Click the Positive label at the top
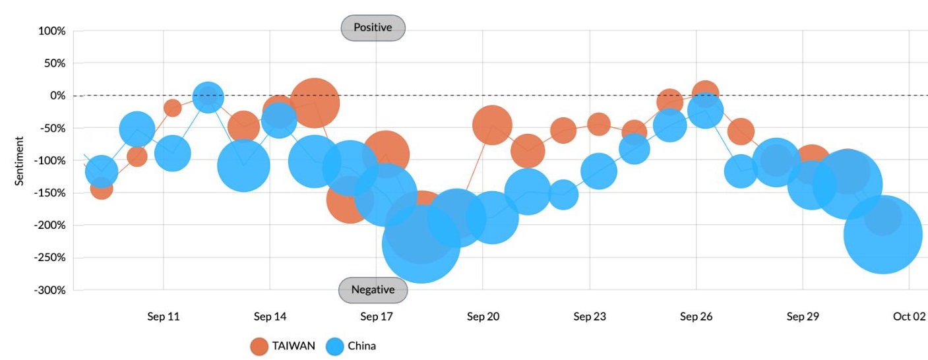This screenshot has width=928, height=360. [x=373, y=28]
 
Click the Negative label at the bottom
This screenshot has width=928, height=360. [x=373, y=289]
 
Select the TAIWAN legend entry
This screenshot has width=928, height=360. [x=283, y=345]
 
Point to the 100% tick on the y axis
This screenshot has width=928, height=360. [x=52, y=31]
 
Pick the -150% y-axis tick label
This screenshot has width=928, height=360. [x=50, y=193]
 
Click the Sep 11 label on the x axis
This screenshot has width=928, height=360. [x=163, y=316]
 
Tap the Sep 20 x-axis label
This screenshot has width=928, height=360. [x=483, y=316]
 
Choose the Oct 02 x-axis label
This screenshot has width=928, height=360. [x=910, y=316]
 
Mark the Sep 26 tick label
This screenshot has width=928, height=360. [x=696, y=316]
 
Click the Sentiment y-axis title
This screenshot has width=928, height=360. [x=20, y=161]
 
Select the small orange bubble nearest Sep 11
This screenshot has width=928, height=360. [x=172, y=108]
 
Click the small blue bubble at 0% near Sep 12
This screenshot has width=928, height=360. [x=208, y=98]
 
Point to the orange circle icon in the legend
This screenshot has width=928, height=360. [x=260, y=346]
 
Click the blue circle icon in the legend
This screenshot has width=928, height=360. [x=336, y=346]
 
